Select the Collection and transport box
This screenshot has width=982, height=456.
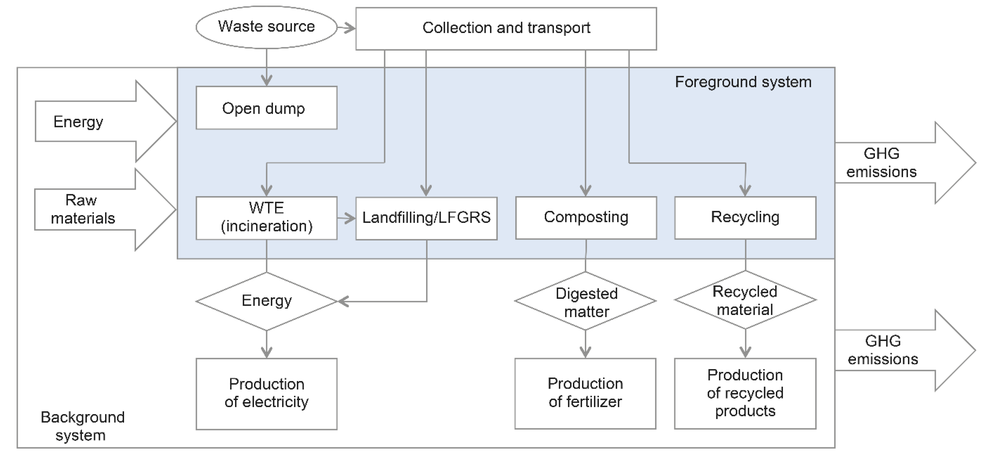point(506,29)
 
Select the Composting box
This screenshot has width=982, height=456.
point(586,218)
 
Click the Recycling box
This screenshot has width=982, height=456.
point(745,218)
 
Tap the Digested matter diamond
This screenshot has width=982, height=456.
point(586,301)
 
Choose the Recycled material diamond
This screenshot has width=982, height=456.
point(745,300)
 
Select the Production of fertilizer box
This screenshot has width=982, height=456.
point(585,393)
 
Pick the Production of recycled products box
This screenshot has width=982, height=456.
point(745,393)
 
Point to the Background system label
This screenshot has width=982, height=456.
point(82,426)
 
